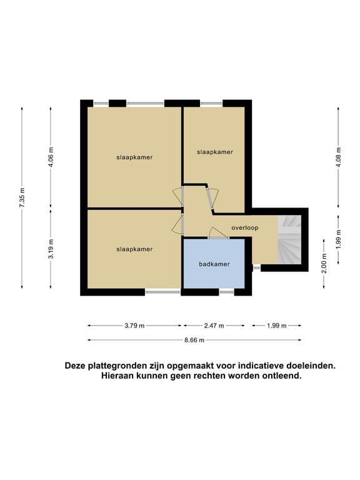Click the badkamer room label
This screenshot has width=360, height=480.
pos(214,264)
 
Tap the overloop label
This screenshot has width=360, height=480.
pos(244,227)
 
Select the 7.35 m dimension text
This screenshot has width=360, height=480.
pos(22,197)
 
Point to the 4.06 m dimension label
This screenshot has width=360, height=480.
pos(51,157)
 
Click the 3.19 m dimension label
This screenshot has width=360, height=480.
pos(51,249)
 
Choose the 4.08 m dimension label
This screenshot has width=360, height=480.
pos(338,157)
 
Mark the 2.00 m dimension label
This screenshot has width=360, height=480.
pos(324,263)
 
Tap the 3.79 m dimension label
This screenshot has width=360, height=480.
pos(134,326)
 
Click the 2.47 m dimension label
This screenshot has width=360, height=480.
pos(214,326)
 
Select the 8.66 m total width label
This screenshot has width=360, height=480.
pos(194,340)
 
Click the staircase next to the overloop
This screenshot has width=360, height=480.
pos(289,239)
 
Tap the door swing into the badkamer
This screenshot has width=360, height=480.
pos(219,233)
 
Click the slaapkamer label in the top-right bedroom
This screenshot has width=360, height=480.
pos(215,152)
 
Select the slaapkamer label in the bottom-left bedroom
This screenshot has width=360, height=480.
pos(134,249)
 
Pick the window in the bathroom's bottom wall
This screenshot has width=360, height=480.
pos(227,292)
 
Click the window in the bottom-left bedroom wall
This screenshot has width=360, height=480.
pos(163,292)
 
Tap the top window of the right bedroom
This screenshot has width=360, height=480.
pos(211,104)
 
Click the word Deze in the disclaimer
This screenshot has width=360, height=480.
pos(75,366)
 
